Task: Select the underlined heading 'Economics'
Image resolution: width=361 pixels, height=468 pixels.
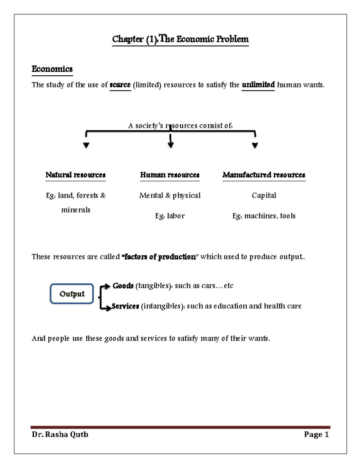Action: tap(52, 69)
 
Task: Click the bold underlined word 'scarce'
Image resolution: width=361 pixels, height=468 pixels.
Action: tap(120, 85)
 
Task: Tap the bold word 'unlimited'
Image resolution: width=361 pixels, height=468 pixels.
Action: tap(258, 85)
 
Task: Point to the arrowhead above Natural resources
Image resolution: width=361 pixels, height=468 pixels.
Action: tap(86, 145)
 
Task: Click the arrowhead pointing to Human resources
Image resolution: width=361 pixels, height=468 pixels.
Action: tap(171, 145)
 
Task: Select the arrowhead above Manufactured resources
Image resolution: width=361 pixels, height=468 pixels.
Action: tap(255, 145)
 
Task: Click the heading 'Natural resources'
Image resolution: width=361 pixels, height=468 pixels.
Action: tap(76, 175)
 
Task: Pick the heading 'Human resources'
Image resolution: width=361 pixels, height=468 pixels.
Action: tap(170, 175)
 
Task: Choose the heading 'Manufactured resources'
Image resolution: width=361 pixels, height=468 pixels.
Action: tap(264, 175)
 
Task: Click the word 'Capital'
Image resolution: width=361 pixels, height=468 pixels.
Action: tap(264, 195)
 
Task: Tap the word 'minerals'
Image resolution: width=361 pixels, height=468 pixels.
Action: tap(76, 210)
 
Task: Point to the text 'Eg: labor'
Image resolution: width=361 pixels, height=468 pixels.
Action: tap(170, 216)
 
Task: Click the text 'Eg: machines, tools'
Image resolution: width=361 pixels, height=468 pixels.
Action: tap(264, 216)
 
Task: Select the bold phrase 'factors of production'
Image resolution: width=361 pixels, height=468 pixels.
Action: tap(160, 257)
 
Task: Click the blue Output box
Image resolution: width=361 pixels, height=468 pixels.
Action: tap(72, 294)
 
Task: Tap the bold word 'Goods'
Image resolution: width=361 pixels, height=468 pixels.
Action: tap(123, 286)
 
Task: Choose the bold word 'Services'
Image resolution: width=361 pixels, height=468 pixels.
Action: tap(125, 306)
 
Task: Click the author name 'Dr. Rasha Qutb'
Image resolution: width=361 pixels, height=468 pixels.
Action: tap(60, 434)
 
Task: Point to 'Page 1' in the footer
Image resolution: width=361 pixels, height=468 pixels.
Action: tap(316, 434)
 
